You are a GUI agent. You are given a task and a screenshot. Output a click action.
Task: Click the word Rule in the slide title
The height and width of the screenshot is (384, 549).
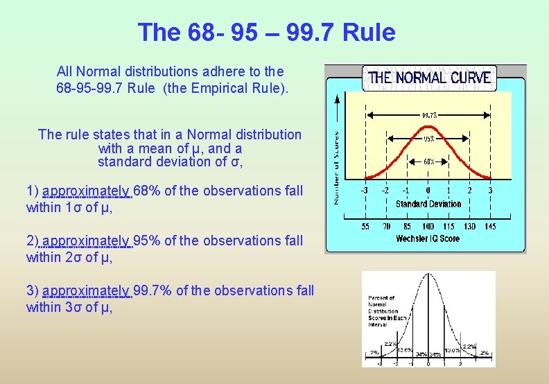pos(369,33)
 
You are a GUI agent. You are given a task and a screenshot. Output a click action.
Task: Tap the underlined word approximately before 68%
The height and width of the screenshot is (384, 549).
pos(87,191)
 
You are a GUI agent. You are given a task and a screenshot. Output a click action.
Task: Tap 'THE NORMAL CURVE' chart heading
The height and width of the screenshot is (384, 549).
pos(430,78)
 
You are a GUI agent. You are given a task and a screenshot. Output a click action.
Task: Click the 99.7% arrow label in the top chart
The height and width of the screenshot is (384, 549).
pos(429,116)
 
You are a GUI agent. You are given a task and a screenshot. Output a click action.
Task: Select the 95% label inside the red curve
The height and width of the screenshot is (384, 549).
pos(429,138)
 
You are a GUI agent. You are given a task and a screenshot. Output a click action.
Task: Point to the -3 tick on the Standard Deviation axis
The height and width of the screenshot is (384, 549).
pos(363,191)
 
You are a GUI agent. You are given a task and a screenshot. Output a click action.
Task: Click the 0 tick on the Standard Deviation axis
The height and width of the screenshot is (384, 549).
pos(428,191)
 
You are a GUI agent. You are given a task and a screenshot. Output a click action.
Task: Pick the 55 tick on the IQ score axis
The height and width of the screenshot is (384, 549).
pos(365,226)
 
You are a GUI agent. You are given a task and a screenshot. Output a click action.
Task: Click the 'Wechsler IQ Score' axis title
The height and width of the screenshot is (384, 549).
pos(428,238)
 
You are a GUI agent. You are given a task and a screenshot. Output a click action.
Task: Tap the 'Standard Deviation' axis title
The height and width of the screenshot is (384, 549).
pos(428,204)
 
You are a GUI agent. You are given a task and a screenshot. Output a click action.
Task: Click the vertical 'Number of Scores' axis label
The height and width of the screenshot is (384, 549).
pos(337,168)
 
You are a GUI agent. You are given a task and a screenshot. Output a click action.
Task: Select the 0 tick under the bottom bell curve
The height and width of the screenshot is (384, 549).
pos(428,363)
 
